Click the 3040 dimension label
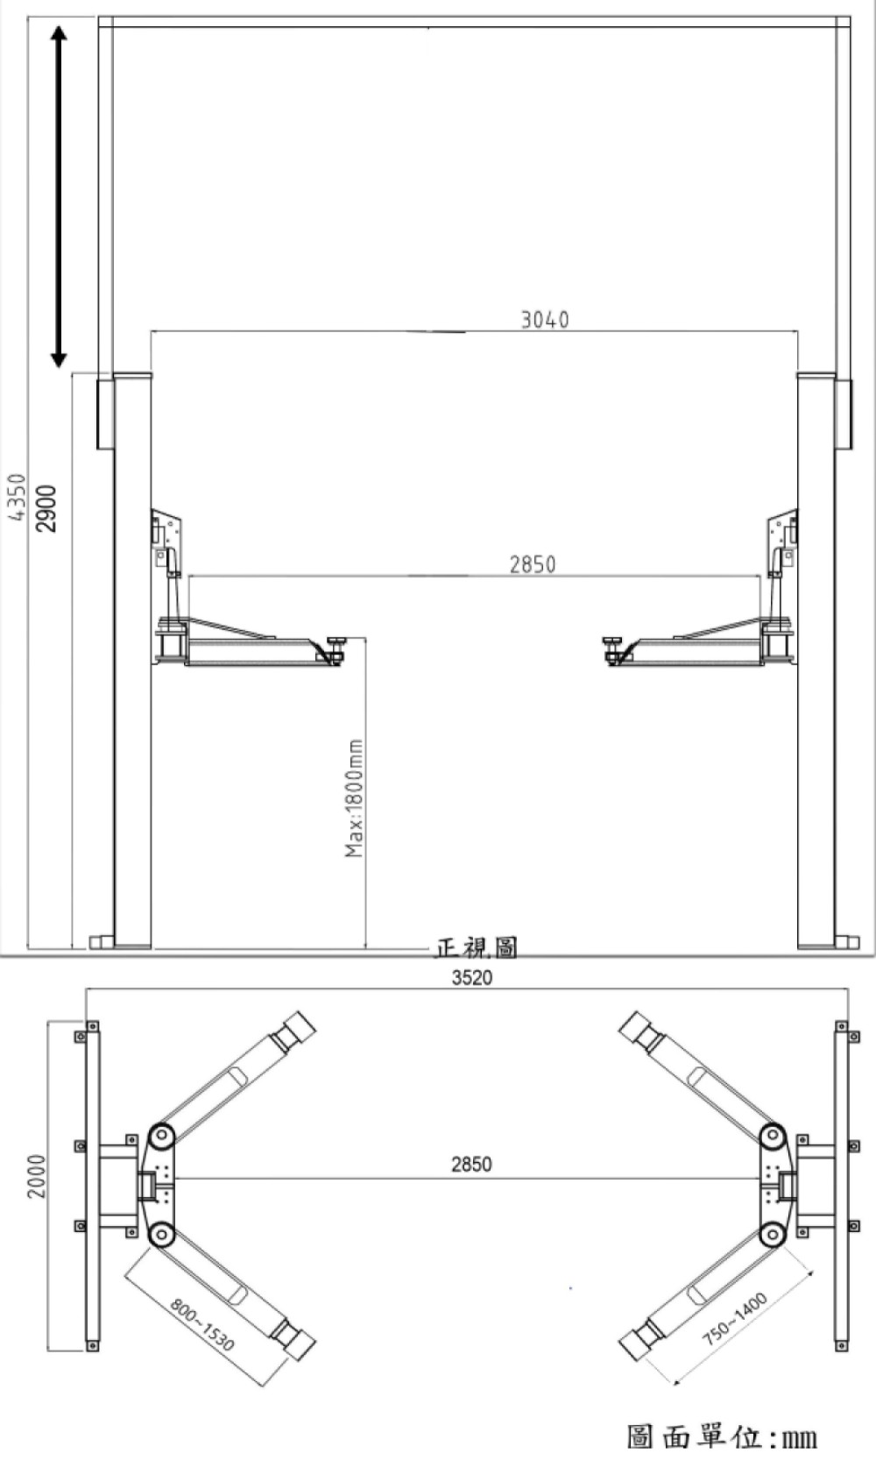pyautogui.click(x=545, y=319)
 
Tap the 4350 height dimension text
pyautogui.click(x=17, y=497)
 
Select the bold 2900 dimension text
pyautogui.click(x=46, y=508)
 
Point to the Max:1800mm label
pyautogui.click(x=354, y=797)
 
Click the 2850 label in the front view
pyautogui.click(x=533, y=564)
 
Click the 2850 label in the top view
pyautogui.click(x=471, y=1164)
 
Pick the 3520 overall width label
pyautogui.click(x=472, y=978)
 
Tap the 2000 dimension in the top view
pyautogui.click(x=37, y=1176)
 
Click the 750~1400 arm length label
pyautogui.click(x=734, y=1319)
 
